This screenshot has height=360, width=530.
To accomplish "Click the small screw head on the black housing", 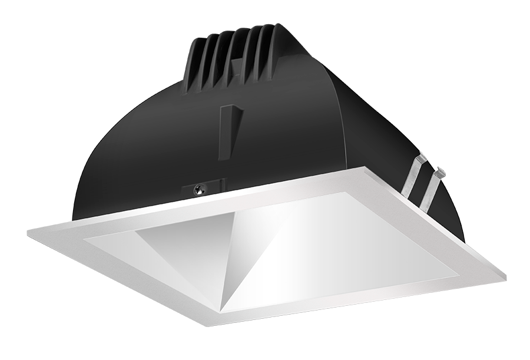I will coord(200,189).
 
